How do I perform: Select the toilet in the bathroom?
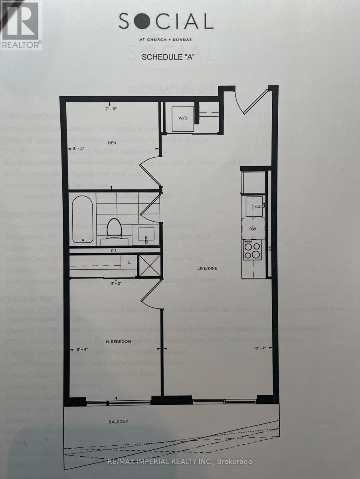pyautogui.click(x=114, y=229)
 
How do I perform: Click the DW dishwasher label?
pyautogui.click(x=252, y=229)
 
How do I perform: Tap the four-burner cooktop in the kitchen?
pyautogui.click(x=252, y=250)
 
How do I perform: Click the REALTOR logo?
pyautogui.click(x=21, y=25)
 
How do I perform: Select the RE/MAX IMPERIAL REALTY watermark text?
pyautogui.click(x=180, y=462)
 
